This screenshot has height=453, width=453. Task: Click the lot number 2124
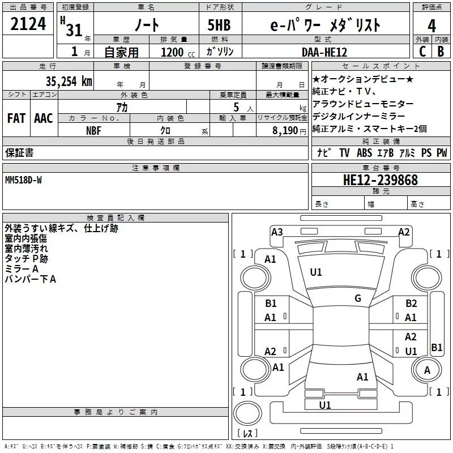pos(28,25)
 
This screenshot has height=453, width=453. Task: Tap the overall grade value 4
pos(432,25)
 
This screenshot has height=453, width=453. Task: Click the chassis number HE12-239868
pos(381,180)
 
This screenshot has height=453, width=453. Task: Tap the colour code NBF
pos(94,130)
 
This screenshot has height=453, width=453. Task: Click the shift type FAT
pos(16,118)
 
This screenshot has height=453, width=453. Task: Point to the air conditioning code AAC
pos(44,118)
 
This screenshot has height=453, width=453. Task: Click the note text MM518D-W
pos(23,180)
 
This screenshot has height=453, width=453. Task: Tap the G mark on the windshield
pos(358,298)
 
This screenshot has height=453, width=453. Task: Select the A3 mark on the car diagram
pos(277,232)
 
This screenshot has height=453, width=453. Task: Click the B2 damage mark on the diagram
pos(411,304)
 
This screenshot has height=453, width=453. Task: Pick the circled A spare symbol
pos(428,370)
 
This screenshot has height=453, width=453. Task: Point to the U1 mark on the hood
pos(316,272)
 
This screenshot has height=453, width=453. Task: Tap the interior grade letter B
pos(441,52)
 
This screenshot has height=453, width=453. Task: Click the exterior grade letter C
pos(422,52)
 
